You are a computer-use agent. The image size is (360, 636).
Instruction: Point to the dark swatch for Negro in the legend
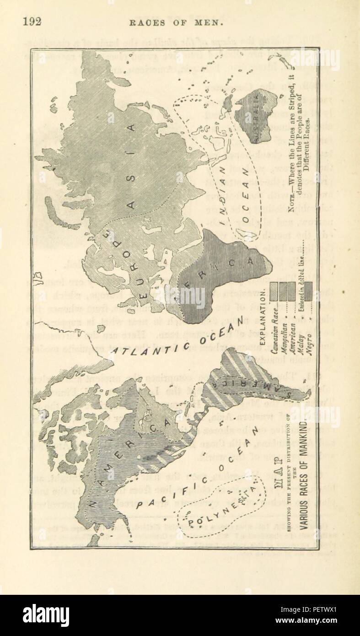pos(309,290)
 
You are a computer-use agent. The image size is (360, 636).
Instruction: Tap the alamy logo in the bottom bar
pos(46,615)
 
